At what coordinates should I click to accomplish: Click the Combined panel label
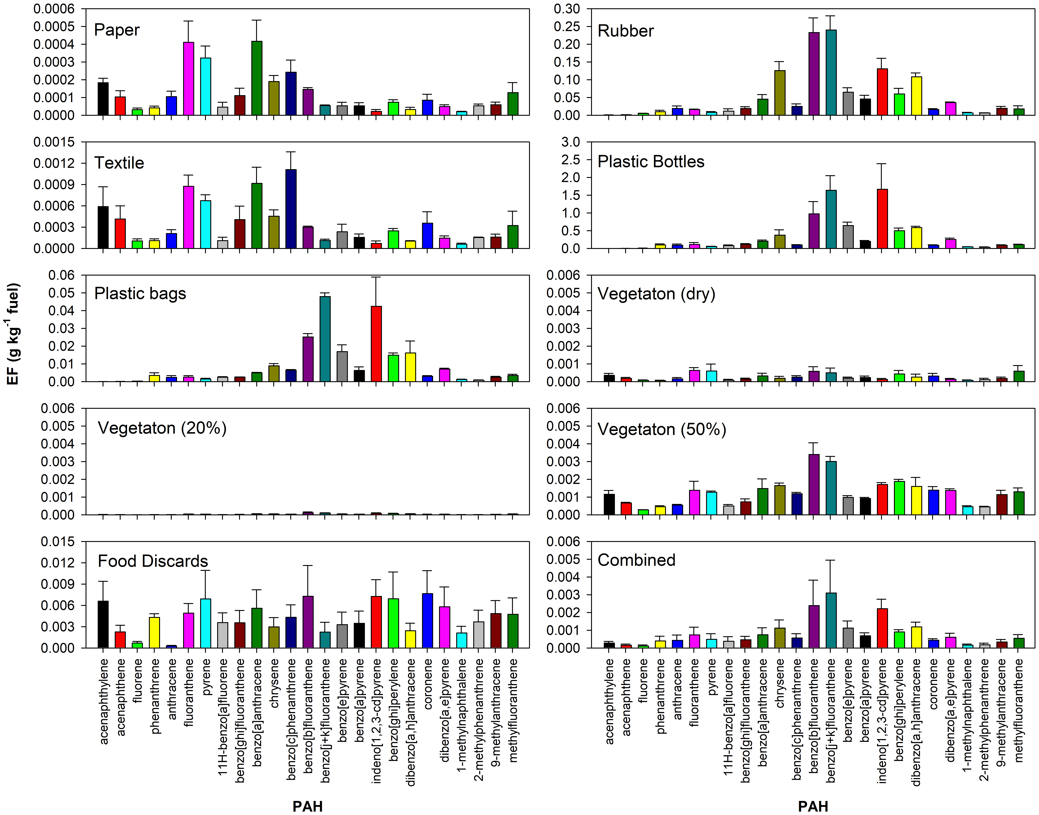coord(636,560)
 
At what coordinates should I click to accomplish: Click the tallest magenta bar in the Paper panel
coord(189,79)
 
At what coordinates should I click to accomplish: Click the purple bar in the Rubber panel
coord(814,74)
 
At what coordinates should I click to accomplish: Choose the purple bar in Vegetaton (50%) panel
coord(814,484)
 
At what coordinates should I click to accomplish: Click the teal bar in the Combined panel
coord(831,620)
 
